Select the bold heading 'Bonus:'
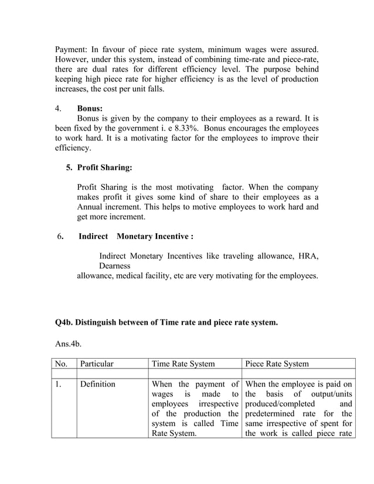pyautogui.click(x=90, y=108)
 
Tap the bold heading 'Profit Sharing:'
pyautogui.click(x=105, y=168)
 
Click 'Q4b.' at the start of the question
pyautogui.click(x=64, y=322)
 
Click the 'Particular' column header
pyautogui.click(x=97, y=364)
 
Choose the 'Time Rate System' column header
pyautogui.click(x=183, y=364)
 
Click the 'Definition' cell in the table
pyautogui.click(x=98, y=384)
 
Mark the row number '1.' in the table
pyautogui.click(x=59, y=384)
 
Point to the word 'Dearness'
pyautogui.click(x=115, y=266)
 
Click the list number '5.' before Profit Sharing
pyautogui.click(x=69, y=168)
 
